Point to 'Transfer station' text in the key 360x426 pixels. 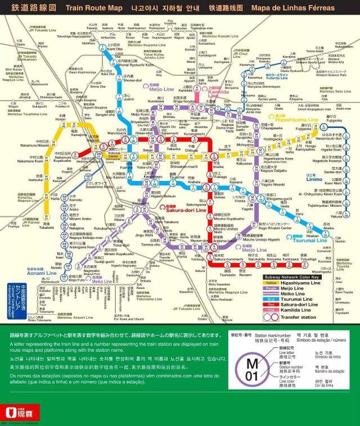tap(306, 316)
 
